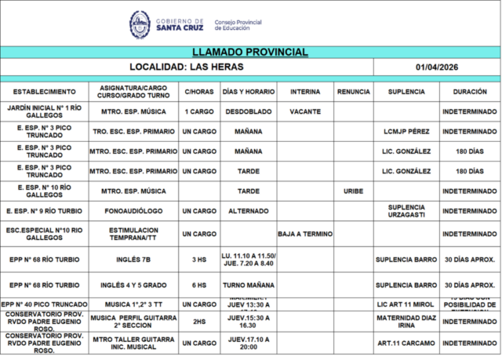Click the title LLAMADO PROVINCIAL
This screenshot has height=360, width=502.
click(250, 53)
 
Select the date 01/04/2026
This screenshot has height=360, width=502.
click(437, 67)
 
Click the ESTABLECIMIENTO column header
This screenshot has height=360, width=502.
click(45, 92)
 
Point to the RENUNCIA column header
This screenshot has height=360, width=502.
click(353, 92)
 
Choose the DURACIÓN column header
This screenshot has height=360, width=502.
click(469, 92)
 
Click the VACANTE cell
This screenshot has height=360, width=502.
click(304, 111)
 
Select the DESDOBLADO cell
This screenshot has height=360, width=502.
click(248, 111)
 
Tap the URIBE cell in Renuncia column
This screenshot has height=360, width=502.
click(353, 191)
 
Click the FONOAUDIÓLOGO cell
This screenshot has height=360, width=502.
click(133, 211)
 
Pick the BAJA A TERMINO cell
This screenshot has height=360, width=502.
click(304, 234)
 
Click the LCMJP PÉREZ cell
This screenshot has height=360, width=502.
click(406, 132)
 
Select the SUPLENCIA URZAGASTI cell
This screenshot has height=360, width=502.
click(406, 211)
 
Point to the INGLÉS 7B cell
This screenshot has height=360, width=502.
click(133, 259)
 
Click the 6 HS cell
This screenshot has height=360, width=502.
click(198, 285)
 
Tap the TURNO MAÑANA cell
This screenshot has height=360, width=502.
click(248, 285)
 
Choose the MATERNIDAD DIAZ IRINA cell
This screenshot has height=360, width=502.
click(406, 321)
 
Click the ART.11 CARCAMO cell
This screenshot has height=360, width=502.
click(406, 343)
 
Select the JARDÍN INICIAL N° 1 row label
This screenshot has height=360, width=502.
click(45, 111)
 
